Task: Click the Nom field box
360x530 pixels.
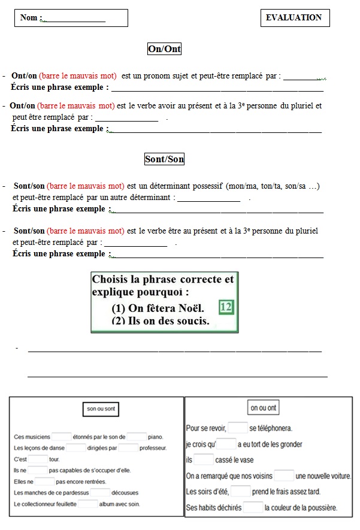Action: (71, 18)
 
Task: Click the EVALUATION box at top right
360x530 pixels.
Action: (295, 18)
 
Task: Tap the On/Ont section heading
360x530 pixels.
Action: (164, 49)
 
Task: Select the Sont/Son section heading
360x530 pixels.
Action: (164, 159)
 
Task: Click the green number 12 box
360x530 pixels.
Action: (226, 307)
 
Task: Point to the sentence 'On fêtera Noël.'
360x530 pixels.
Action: (158, 309)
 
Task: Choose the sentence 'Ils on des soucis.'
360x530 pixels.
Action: (161, 321)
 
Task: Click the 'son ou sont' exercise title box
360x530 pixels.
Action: (101, 409)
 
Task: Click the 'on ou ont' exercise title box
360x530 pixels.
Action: (263, 408)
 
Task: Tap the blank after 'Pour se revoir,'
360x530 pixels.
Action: (238, 428)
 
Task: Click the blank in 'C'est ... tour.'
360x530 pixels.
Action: (38, 459)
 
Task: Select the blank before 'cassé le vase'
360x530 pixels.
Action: (204, 460)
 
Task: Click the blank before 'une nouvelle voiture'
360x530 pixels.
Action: (284, 476)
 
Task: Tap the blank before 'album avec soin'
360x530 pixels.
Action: (88, 504)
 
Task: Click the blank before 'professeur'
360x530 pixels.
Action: (128, 448)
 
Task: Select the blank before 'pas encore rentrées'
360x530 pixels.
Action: (45, 481)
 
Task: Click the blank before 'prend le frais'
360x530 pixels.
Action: (241, 492)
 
